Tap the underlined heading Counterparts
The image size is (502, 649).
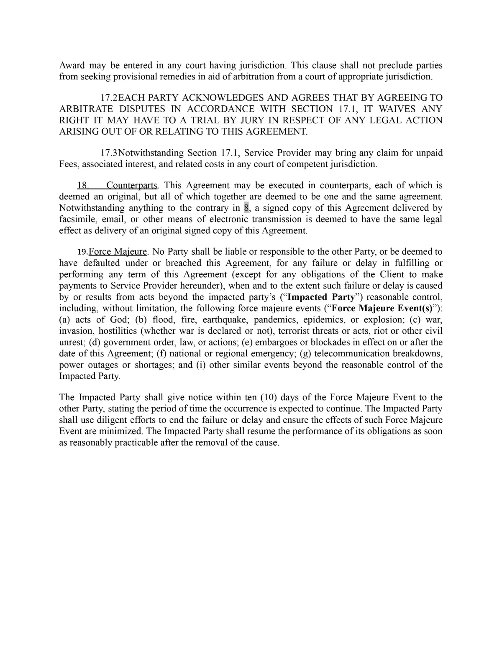tap(132, 186)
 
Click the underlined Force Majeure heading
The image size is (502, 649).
tap(118, 252)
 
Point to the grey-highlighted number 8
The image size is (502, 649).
tap(246, 208)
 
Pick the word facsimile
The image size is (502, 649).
tap(79, 220)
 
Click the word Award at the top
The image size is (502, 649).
tap(72, 66)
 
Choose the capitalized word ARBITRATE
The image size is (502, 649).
tap(86, 109)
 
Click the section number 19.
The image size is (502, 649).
tap(82, 252)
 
